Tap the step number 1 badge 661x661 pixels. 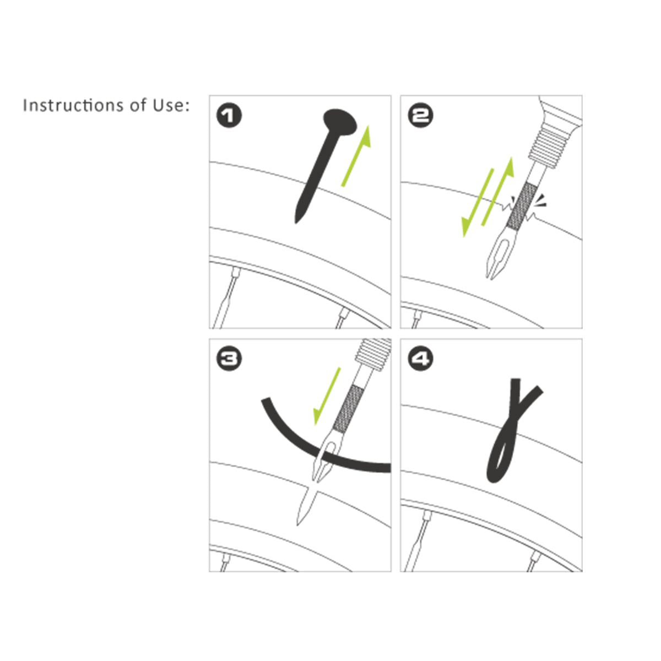(x=229, y=116)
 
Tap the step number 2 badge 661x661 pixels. (x=420, y=116)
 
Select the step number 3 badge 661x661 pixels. (x=229, y=360)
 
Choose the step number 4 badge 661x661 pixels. (x=420, y=360)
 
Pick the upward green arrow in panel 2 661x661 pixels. (x=499, y=190)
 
